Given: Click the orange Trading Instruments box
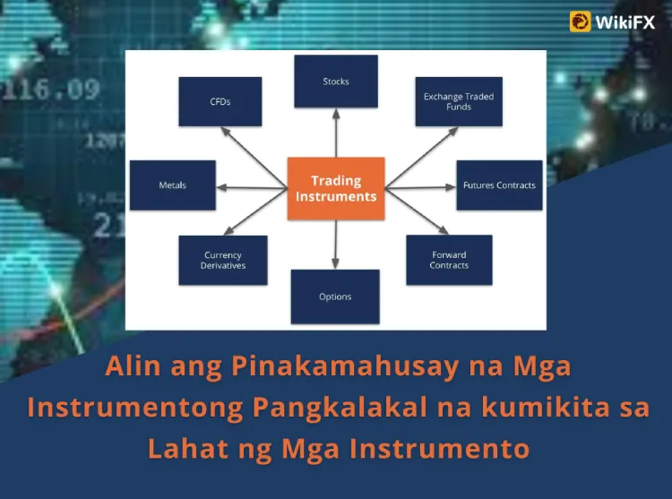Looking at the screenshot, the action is coord(336,188).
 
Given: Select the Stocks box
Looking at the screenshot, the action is coord(336,81).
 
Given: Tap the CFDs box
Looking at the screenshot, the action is coord(220,101).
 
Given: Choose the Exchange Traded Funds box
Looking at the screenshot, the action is coord(459,101).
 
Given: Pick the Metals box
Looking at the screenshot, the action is coord(173,185).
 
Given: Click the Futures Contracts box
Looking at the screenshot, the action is coord(499,185).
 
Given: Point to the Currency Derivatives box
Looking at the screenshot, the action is coord(223,260).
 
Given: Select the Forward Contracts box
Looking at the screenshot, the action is coord(449,260).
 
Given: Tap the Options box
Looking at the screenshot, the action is coord(335,297).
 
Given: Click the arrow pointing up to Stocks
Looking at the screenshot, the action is coord(336,133).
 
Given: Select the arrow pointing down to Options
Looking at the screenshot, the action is coord(336,245).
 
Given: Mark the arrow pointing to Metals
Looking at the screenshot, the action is coord(252,187).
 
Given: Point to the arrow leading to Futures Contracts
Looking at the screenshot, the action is coord(420,187).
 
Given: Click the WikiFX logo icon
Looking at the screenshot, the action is coord(581,22).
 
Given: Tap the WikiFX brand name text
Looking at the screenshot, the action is coord(625,22).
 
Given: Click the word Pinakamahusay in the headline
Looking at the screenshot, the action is coord(345,367).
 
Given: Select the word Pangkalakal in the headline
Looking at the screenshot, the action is coord(340,408).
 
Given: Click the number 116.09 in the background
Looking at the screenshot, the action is coord(50,90).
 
